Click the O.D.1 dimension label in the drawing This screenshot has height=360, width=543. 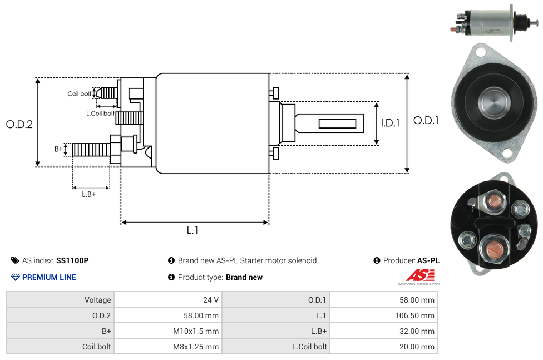(x=426, y=120)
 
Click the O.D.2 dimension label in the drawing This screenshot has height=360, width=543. (x=19, y=124)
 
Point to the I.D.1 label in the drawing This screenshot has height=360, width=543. (x=390, y=123)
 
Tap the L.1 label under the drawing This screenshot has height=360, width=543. (x=192, y=230)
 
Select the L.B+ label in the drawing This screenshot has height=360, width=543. (x=89, y=194)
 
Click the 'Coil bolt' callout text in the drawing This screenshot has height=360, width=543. (x=80, y=94)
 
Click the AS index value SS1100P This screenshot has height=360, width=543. (x=72, y=260)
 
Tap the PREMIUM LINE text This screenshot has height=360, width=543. (x=49, y=277)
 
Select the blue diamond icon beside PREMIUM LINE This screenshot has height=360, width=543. (x=15, y=277)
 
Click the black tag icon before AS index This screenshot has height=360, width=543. (x=15, y=260)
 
